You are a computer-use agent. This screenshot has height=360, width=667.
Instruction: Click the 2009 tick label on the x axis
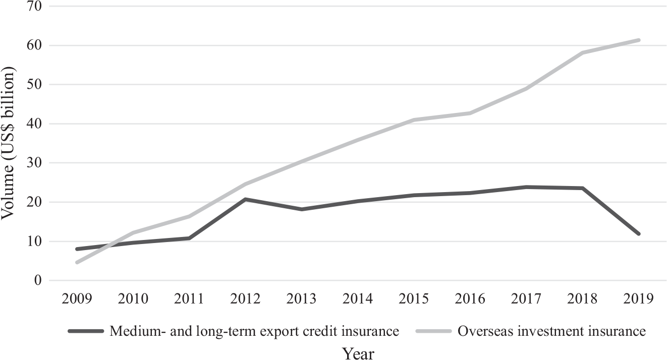(77, 298)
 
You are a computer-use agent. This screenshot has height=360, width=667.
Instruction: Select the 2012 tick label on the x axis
(246, 298)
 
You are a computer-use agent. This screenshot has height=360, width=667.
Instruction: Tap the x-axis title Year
(358, 353)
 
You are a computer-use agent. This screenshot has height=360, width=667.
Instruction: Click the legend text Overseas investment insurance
(551, 331)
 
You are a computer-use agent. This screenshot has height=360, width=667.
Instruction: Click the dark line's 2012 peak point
(246, 199)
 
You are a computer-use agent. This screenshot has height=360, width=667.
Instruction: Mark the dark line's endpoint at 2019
(638, 234)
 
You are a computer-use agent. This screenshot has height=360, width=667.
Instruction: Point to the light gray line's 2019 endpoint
(638, 40)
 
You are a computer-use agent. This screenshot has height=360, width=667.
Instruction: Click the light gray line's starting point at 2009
(77, 262)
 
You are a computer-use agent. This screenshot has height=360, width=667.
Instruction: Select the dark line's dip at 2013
(302, 209)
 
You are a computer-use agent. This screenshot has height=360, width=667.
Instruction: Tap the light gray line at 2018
(582, 52)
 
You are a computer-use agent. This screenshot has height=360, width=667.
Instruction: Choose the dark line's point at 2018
(582, 188)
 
